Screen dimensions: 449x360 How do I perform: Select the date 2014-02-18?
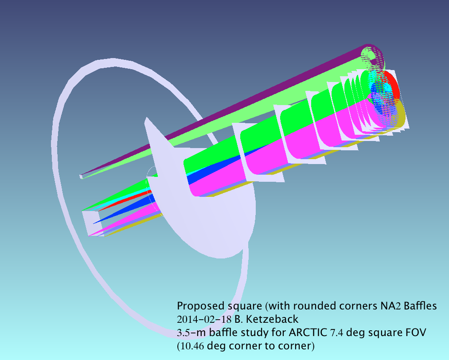coord(204,319)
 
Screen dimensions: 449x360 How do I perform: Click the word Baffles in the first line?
coord(420,306)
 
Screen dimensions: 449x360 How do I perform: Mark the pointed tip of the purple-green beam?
coord(81,176)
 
